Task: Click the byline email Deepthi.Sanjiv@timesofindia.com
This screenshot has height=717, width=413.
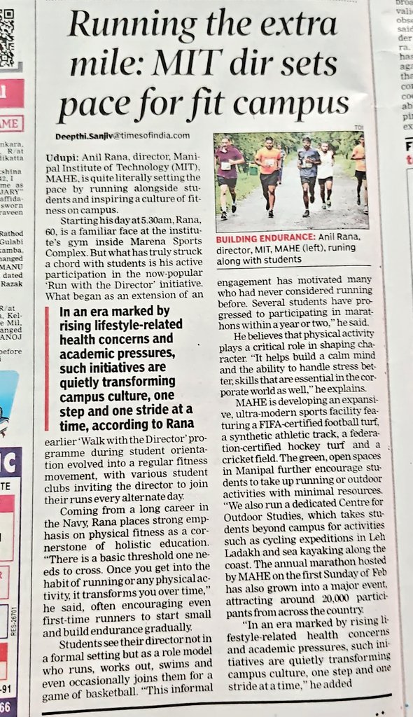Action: point(124,136)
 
